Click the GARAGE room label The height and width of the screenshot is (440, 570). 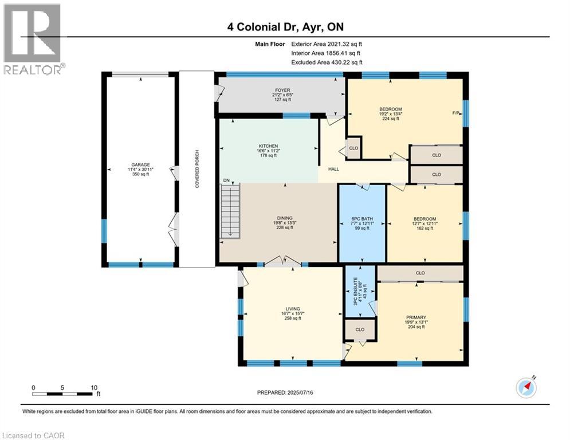point(139,165)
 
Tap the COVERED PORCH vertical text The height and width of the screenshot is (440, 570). point(196,170)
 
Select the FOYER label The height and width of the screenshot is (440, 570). point(281,90)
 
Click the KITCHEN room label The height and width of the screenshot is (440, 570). point(268,146)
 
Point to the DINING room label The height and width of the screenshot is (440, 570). point(285,218)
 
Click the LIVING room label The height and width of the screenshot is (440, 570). point(293,309)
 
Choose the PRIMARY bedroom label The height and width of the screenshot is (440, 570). point(416,317)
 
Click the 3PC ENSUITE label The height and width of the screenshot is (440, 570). point(356,286)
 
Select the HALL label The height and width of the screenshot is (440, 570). point(333,170)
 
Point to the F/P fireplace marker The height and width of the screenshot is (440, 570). point(457,113)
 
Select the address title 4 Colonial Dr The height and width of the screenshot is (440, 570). point(284,26)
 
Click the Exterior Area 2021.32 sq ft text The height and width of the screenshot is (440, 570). point(327,43)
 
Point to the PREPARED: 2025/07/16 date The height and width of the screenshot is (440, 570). point(285,392)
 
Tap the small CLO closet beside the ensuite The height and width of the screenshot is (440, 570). point(360,330)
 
